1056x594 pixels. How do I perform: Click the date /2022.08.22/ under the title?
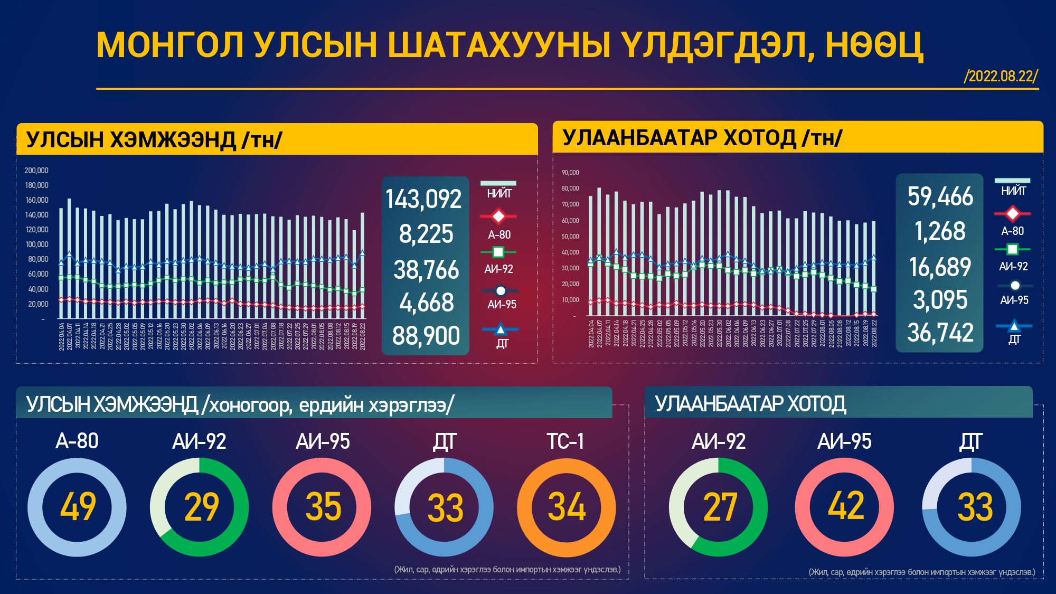click(x=1001, y=77)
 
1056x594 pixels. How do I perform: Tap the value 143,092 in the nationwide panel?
click(x=423, y=200)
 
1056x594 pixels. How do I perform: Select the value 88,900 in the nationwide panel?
click(x=426, y=336)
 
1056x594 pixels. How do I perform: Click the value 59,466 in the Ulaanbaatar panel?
click(x=940, y=196)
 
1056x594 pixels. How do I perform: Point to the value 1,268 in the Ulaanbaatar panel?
click(x=940, y=231)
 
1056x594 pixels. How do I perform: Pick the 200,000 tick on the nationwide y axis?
click(x=36, y=171)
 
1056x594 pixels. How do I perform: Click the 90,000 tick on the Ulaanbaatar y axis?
click(x=570, y=173)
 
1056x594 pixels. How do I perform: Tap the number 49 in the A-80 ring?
click(x=78, y=507)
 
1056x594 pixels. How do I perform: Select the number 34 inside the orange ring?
click(x=567, y=507)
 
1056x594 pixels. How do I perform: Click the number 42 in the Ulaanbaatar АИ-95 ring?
click(x=845, y=506)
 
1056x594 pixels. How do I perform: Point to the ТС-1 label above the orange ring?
click(x=565, y=441)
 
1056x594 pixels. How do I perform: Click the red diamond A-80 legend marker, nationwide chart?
click(x=498, y=216)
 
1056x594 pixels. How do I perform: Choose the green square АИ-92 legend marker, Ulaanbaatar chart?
click(x=1012, y=249)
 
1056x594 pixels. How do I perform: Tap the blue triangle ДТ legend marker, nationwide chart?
click(x=500, y=329)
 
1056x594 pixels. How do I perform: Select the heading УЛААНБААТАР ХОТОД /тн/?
click(x=702, y=138)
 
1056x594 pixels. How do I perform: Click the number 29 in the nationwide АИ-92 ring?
click(x=201, y=507)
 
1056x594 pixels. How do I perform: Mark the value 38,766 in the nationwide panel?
click(x=426, y=270)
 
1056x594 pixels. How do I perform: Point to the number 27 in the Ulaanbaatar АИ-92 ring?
click(x=720, y=507)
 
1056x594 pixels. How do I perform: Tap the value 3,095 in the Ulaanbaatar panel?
click(x=940, y=300)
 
